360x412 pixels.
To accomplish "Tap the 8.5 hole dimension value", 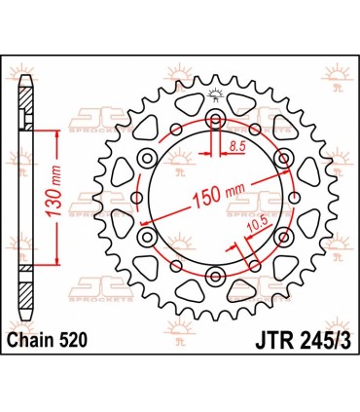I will click(236, 147).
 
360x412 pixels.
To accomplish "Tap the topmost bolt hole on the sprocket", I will click(214, 119).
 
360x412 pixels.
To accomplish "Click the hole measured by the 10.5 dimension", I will click(256, 266).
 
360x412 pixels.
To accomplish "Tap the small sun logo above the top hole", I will click(214, 95).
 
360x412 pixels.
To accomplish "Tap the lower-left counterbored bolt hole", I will click(147, 237).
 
